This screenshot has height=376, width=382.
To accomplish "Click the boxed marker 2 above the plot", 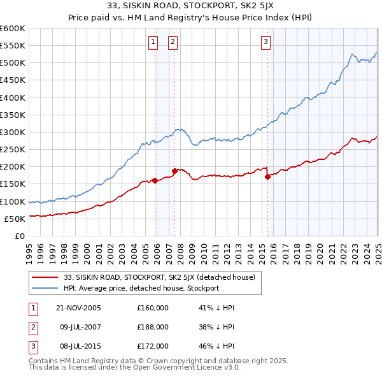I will (173, 43).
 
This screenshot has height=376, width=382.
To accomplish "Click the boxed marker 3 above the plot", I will (265, 43).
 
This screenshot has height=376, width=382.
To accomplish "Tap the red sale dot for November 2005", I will (155, 180).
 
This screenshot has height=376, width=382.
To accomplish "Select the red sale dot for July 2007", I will (174, 171).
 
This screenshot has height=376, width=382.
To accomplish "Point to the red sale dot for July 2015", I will (267, 177).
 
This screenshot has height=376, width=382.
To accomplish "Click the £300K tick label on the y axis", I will (12, 132).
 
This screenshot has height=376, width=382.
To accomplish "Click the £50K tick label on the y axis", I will (15, 219).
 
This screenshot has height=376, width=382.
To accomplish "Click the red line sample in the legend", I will (46, 277).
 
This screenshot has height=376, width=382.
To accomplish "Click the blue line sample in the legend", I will (46, 288).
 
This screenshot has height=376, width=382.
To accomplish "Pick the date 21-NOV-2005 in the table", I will (78, 308).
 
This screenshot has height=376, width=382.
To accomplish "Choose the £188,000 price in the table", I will (153, 327).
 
